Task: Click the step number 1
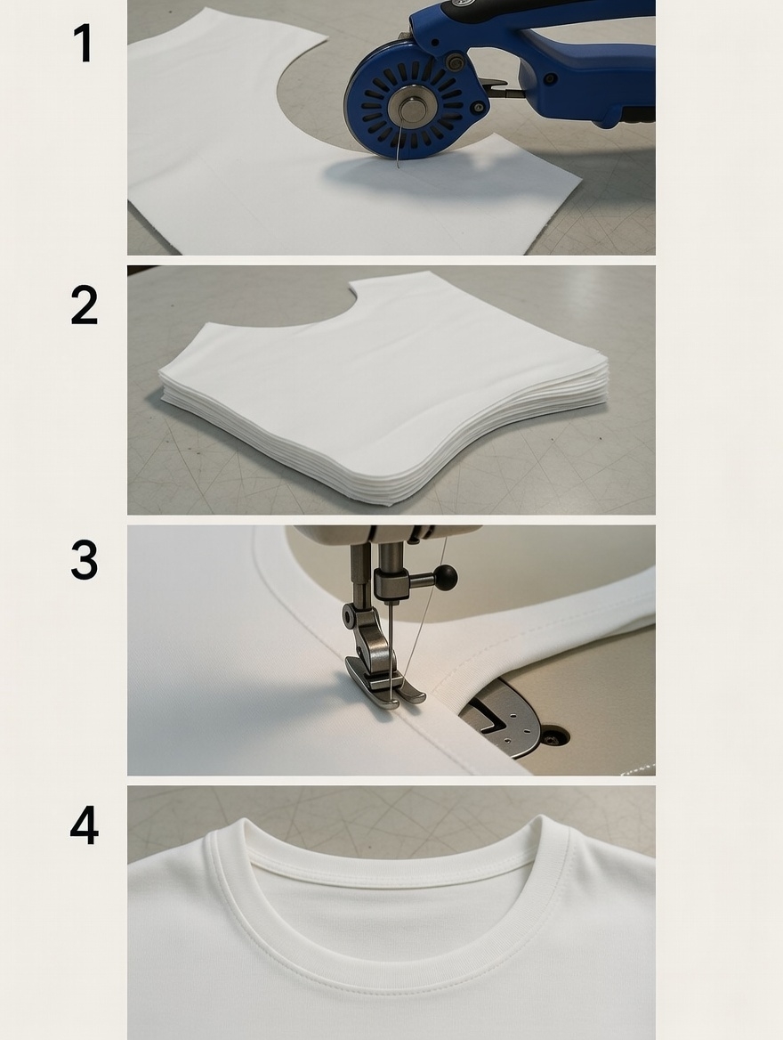pos(84,44)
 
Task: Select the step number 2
pos(84,305)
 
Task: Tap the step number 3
pos(84,560)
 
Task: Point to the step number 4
pos(84,825)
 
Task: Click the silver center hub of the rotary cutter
pos(412,110)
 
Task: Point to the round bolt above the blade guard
pos(456,62)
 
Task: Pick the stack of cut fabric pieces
pos(383,392)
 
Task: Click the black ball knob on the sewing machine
pos(446,578)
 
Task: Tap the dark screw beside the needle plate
pos(552,737)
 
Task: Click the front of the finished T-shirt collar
pos(391,966)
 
